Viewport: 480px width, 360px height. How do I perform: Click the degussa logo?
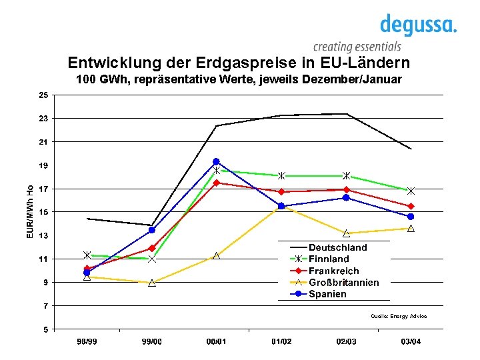coord(419,25)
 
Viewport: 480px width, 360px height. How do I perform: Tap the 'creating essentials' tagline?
coord(357,47)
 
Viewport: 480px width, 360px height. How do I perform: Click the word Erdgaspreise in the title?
coord(246,63)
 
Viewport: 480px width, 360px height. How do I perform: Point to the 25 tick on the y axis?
coord(43,95)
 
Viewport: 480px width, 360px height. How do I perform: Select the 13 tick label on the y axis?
coord(43,235)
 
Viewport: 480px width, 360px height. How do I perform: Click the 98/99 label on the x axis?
coord(87,341)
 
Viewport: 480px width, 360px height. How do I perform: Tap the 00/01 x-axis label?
coord(217,341)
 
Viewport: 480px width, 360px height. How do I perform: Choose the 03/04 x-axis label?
coord(411,341)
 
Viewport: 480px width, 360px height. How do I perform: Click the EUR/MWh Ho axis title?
coord(30,212)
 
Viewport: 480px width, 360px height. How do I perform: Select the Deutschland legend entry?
coord(329,247)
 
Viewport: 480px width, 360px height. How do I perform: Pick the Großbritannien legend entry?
coord(334,282)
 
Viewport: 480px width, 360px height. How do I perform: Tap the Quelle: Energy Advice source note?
coord(399,316)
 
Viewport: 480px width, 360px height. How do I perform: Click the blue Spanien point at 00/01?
coord(216,161)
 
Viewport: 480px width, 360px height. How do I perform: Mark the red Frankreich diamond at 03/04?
coord(411,206)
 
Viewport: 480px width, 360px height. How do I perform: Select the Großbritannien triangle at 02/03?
coord(346,233)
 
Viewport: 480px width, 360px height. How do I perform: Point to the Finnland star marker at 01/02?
coord(281,176)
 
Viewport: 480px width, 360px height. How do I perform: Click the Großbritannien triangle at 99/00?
coord(152,283)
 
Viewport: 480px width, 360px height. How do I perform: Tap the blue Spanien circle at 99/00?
coord(152,230)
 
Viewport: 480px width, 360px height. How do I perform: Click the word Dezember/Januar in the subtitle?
coord(352,79)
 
